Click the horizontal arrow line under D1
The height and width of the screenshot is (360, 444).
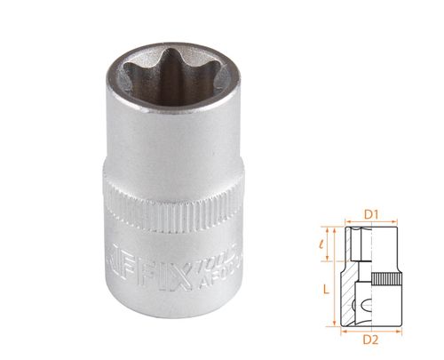point(372,222)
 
